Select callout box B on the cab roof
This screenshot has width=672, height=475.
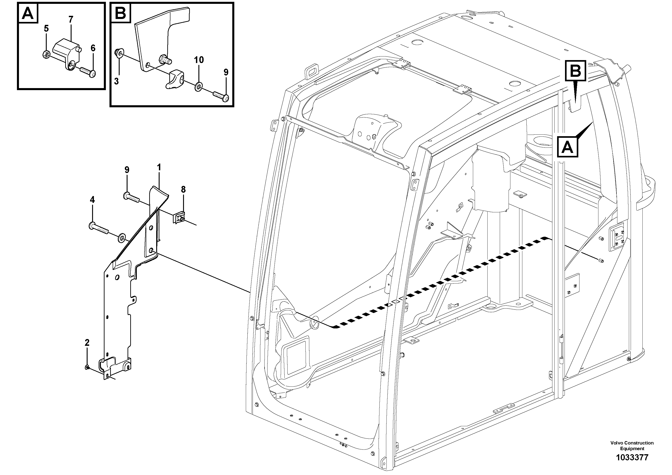click(x=575, y=70)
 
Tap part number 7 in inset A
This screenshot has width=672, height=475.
click(x=71, y=20)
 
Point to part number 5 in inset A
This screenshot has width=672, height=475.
click(x=46, y=28)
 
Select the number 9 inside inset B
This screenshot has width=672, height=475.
click(x=226, y=72)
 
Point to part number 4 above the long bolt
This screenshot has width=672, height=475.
click(x=92, y=200)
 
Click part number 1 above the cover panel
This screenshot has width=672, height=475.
click(x=159, y=168)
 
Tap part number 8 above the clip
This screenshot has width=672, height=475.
click(x=183, y=190)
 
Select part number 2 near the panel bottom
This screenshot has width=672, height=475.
click(x=87, y=343)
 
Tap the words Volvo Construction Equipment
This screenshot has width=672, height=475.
click(x=632, y=446)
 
